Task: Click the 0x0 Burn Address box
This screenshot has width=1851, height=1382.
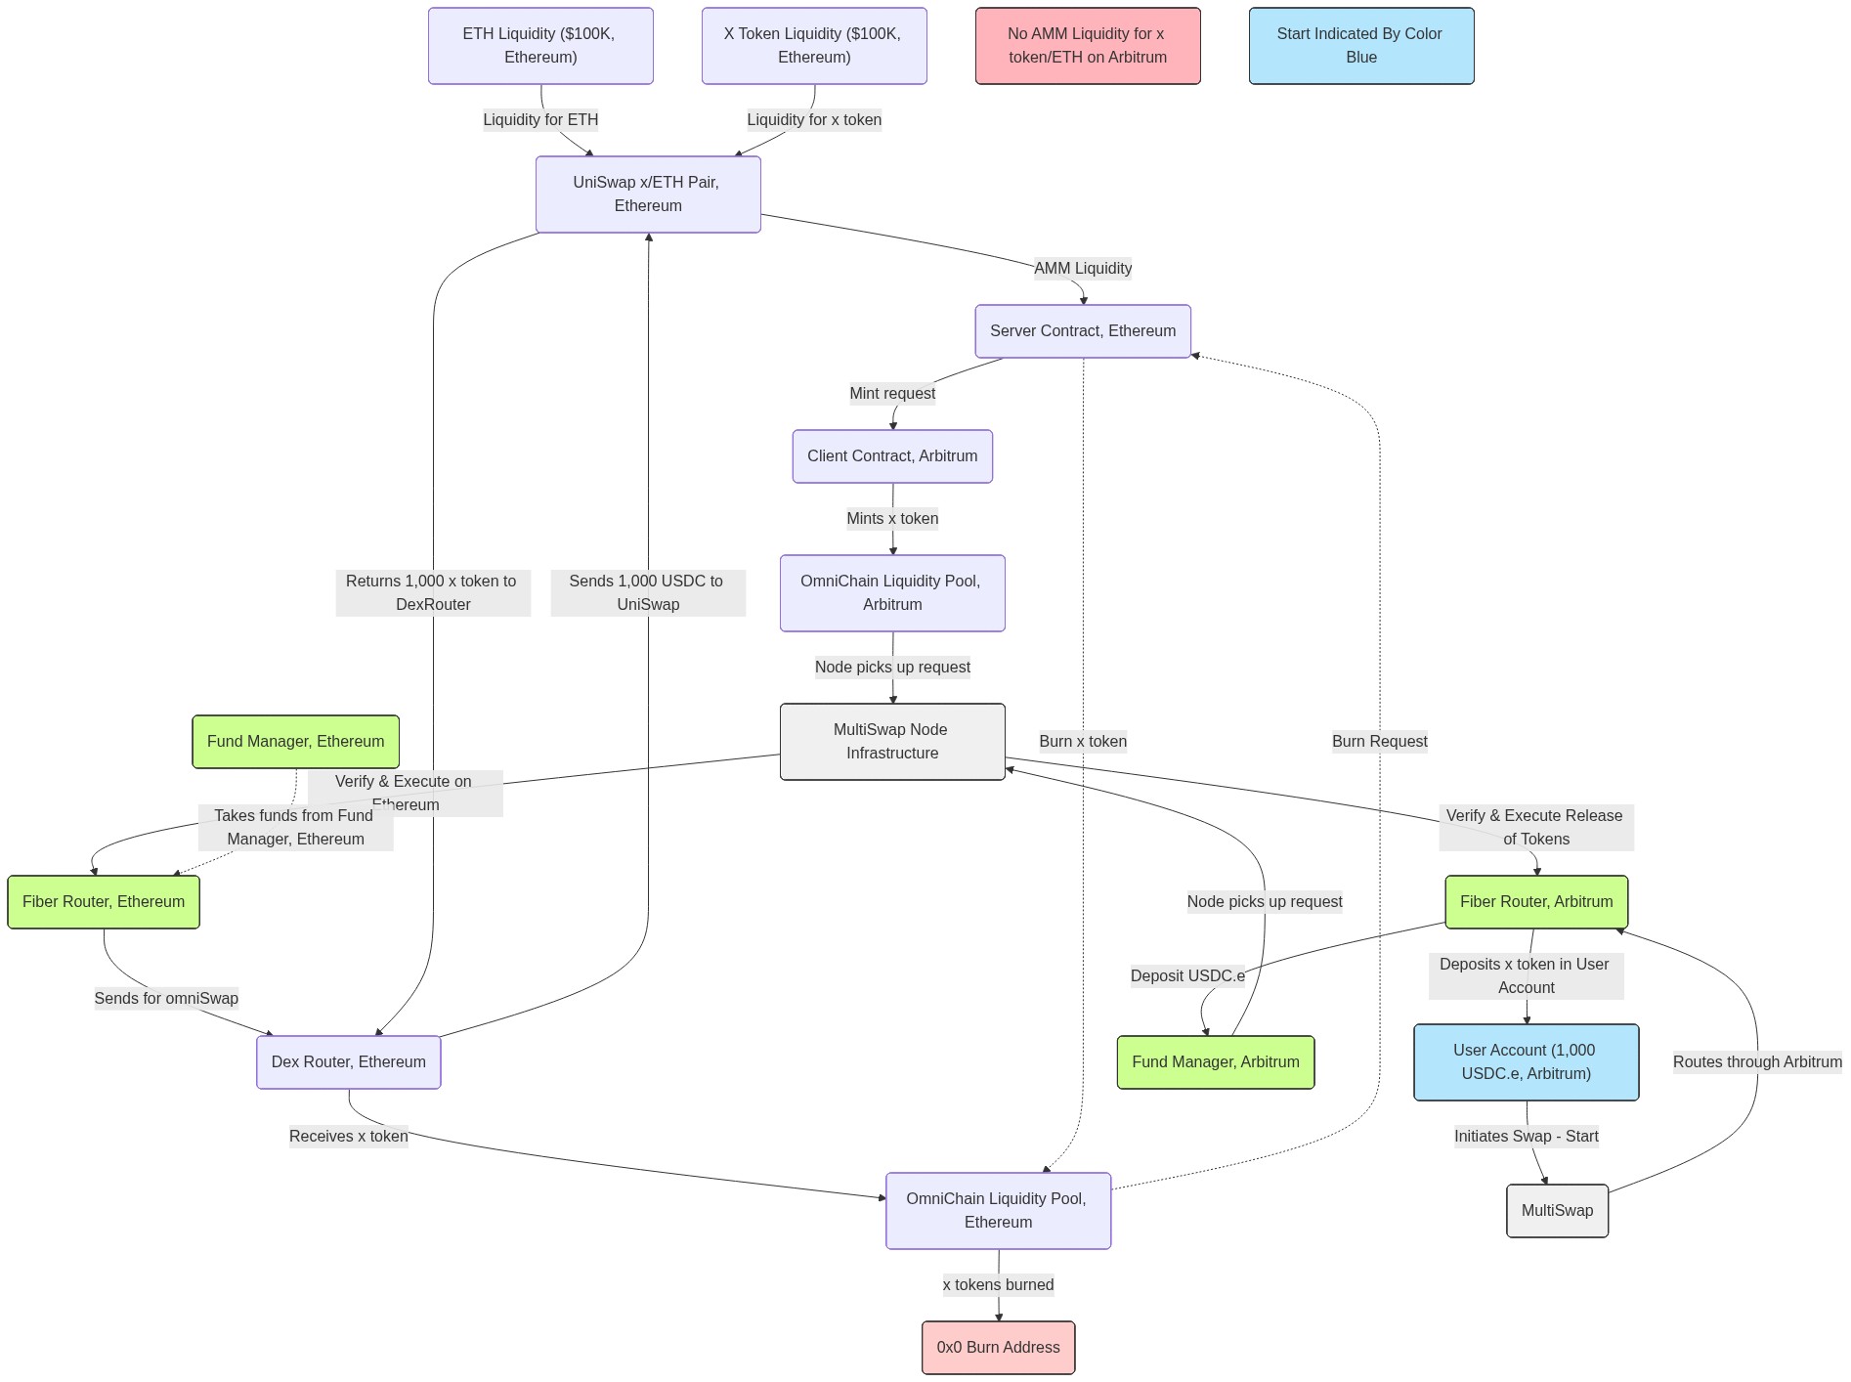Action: point(998,1347)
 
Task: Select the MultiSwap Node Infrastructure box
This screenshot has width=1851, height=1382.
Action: point(891,741)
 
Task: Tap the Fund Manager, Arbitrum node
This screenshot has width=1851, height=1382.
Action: point(1215,1061)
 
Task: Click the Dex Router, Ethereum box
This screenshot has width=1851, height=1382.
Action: point(348,1061)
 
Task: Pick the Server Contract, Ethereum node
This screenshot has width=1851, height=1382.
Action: point(1082,330)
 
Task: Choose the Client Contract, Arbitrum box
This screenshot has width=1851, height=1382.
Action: point(891,455)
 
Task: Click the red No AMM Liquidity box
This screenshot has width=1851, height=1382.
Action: point(1087,45)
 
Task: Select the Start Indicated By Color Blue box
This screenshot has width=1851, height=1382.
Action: point(1360,45)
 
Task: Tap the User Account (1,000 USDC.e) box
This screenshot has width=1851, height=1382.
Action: point(1525,1061)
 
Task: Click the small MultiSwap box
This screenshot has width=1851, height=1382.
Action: point(1556,1210)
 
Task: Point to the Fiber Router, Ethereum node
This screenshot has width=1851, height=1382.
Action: point(103,901)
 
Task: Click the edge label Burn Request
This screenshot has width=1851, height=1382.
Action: point(1379,741)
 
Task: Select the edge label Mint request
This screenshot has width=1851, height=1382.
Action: point(891,393)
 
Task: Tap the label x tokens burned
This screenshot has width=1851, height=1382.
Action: point(998,1284)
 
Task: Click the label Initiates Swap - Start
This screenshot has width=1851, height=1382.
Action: point(1526,1136)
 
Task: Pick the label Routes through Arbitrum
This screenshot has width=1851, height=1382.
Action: point(1756,1061)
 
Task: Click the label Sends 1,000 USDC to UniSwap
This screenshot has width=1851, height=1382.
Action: point(647,592)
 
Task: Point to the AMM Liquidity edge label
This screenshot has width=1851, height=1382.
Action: point(1082,268)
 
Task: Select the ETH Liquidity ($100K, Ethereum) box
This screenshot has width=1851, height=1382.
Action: point(539,45)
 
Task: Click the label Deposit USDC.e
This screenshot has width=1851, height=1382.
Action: point(1186,975)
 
